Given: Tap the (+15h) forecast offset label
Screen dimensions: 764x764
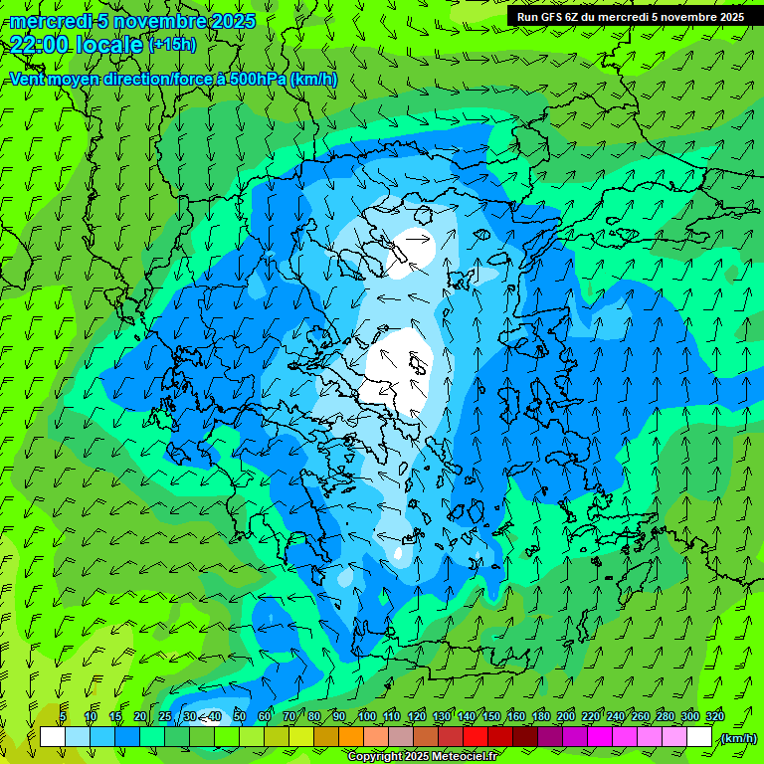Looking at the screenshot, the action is tap(172, 45).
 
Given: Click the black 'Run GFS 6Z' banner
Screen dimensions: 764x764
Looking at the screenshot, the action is tap(629, 17).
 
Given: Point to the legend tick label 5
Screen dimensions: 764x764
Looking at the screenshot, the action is tap(64, 716).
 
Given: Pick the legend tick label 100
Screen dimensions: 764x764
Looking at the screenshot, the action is tap(366, 716).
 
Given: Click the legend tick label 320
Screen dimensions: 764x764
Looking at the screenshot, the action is tap(715, 716).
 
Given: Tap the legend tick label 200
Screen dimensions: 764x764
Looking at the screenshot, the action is tap(566, 716).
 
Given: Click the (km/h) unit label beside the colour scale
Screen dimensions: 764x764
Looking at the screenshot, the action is tap(738, 738).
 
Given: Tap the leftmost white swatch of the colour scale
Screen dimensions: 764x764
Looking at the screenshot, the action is tap(52, 737).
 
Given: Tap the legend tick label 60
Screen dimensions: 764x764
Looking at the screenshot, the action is tap(265, 716).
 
